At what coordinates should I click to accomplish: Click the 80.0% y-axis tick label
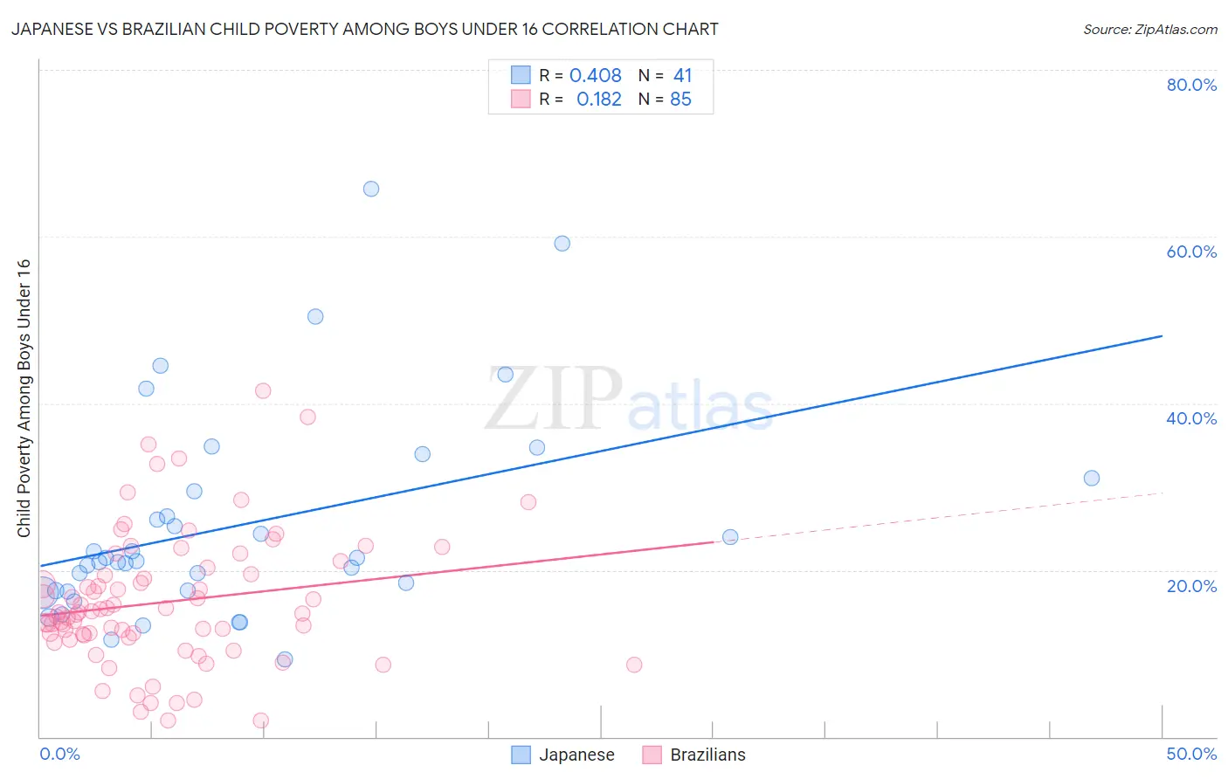coord(1191,85)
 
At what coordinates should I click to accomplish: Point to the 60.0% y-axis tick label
coord(1191,252)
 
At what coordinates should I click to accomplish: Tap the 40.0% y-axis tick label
coord(1191,418)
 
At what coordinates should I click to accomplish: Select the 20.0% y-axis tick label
coord(1191,586)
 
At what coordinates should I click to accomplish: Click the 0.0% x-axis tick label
coord(59,754)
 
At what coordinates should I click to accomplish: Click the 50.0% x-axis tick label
coord(1191,754)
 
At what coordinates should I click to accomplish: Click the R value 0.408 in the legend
coord(596,76)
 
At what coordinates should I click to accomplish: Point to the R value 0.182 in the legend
coord(599,100)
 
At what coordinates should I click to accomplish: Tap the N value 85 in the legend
coord(680,100)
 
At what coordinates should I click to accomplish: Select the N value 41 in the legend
coord(682,76)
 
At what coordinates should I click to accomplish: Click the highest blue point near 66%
coord(371,189)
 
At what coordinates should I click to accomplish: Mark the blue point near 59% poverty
coord(562,244)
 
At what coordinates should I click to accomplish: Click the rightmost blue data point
coord(1092,478)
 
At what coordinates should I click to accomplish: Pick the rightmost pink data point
coord(634,665)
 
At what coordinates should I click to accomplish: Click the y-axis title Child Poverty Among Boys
coord(24,398)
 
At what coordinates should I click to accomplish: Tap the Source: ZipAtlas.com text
coord(1149,30)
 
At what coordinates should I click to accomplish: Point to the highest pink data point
coord(263,390)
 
